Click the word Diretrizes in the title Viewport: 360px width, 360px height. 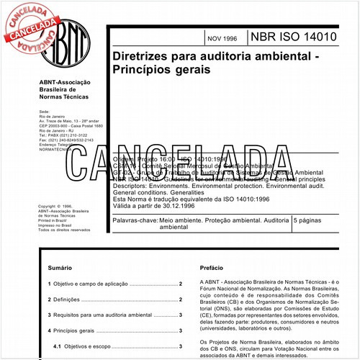pyautogui.click(x=140, y=57)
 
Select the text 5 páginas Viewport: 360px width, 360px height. pyautogui.click(x=293, y=217)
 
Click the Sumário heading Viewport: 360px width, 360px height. pyautogui.click(x=59, y=268)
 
